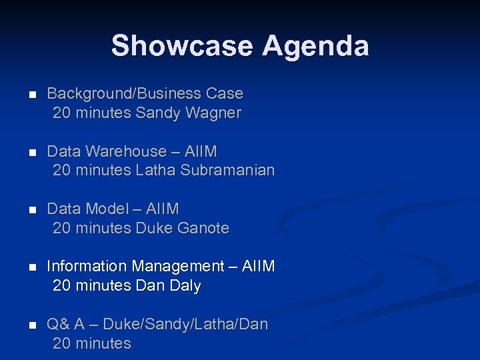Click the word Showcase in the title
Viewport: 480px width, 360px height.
point(182,46)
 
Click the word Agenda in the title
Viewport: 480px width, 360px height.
point(315,46)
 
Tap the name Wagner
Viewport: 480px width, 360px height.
point(213,113)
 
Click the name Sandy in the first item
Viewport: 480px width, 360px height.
point(157,113)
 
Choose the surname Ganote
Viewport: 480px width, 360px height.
point(203,228)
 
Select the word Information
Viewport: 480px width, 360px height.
point(87,266)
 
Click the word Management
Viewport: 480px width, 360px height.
point(178,266)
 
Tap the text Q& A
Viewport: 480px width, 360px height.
point(65,324)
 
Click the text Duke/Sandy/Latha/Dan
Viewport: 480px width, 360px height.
point(186,324)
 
